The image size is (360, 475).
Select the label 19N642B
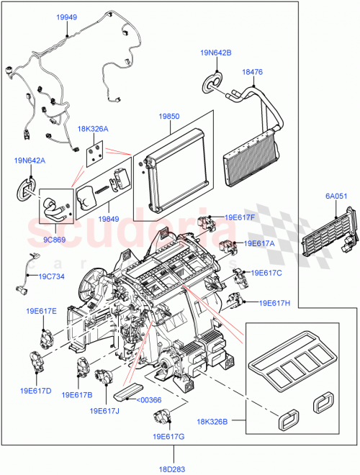216,52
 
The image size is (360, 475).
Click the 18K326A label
93,129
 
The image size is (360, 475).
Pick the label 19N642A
29,161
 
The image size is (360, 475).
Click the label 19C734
52,275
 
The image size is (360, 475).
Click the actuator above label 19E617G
162,417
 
